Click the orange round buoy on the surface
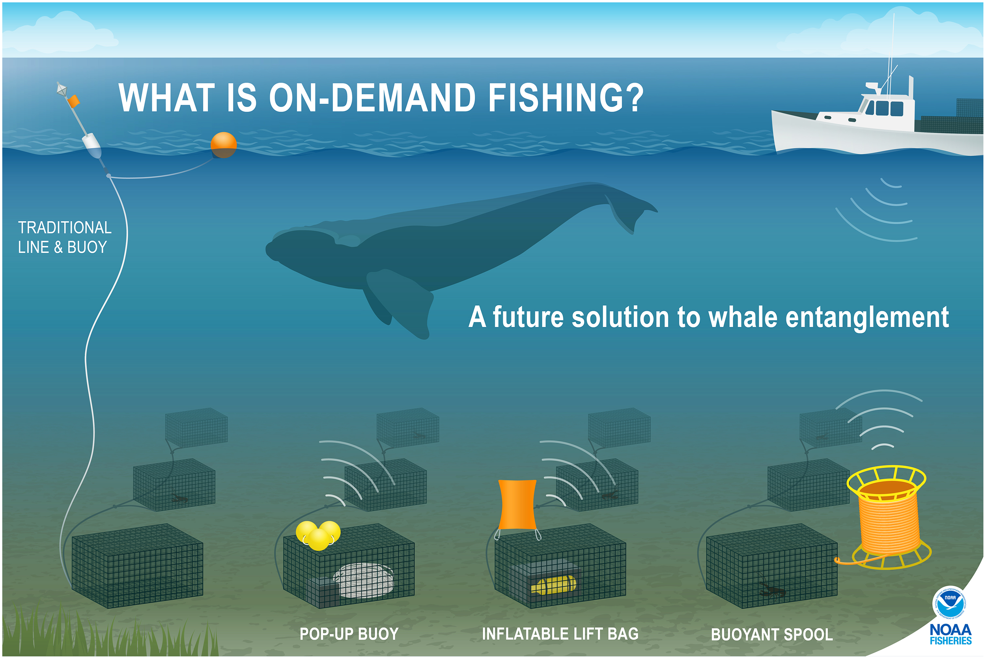(224, 145)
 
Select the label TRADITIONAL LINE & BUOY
(65, 237)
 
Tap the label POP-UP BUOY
(349, 634)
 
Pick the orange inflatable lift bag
(517, 504)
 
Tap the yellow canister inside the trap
(553, 585)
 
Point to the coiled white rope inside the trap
(364, 581)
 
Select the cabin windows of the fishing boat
(884, 108)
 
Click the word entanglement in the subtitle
(866, 318)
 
